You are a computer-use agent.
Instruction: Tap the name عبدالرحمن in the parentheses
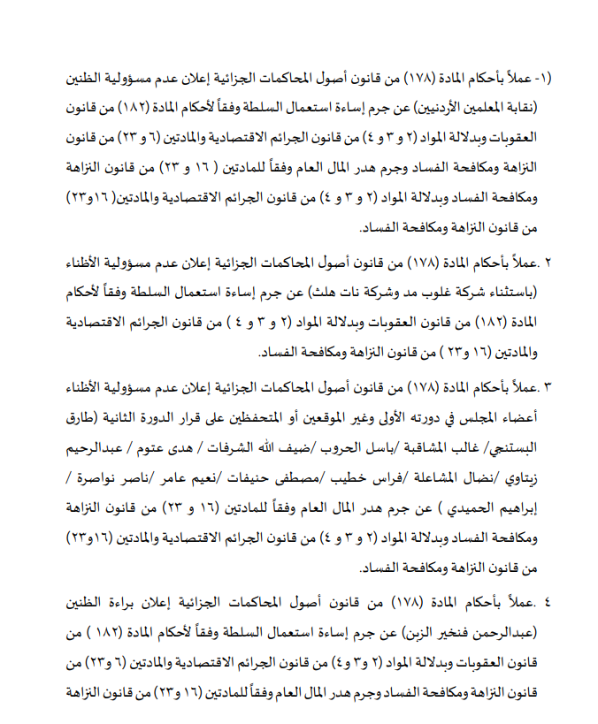pos(505,633)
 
